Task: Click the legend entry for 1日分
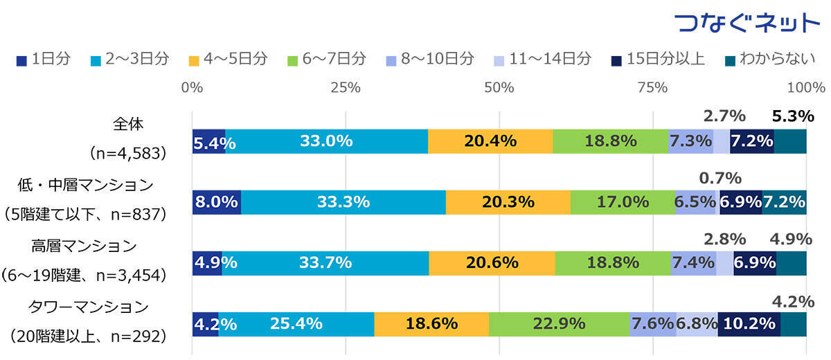pos(43,59)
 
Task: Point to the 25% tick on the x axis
pos(345,88)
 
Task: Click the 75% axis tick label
pos(652,88)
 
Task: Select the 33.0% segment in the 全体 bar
pos(326,141)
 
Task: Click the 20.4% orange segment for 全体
pos(490,141)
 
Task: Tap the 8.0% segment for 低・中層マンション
pos(216,202)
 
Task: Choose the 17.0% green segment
pos(623,202)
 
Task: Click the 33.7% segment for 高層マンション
pos(325,263)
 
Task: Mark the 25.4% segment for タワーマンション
pos(296,323)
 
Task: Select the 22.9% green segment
pos(559,323)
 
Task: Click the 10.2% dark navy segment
pos(749,323)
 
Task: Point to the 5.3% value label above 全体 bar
pos(792,116)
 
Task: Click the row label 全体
pos(127,125)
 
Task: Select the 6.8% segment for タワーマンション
pos(697,323)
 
